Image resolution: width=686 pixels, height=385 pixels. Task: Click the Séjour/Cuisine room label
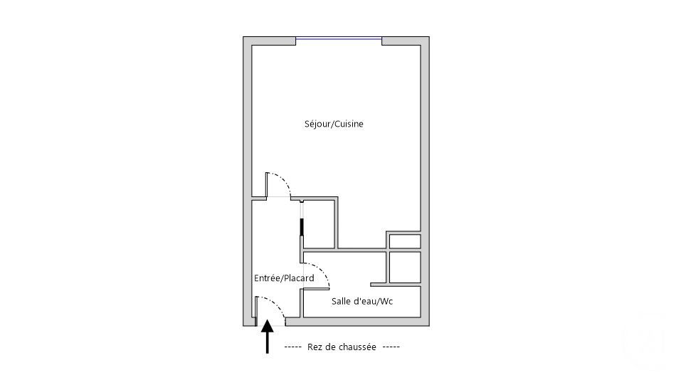(x=334, y=124)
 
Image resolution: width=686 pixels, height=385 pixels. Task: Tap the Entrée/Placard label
(x=284, y=278)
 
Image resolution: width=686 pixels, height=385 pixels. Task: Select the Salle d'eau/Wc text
(x=362, y=302)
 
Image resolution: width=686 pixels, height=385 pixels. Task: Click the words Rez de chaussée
(x=342, y=347)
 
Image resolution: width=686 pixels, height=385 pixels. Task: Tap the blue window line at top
(x=339, y=38)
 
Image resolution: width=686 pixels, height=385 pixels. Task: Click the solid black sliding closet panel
(x=302, y=228)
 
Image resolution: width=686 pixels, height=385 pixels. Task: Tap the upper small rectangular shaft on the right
(x=404, y=241)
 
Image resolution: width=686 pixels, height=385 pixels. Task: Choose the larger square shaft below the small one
(x=404, y=267)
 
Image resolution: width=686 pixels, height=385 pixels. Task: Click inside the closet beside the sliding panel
(x=319, y=224)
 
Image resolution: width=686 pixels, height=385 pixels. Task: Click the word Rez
(x=315, y=347)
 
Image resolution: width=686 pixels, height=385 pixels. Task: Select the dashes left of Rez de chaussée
(x=293, y=347)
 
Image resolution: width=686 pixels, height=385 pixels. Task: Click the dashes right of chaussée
(x=391, y=347)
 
